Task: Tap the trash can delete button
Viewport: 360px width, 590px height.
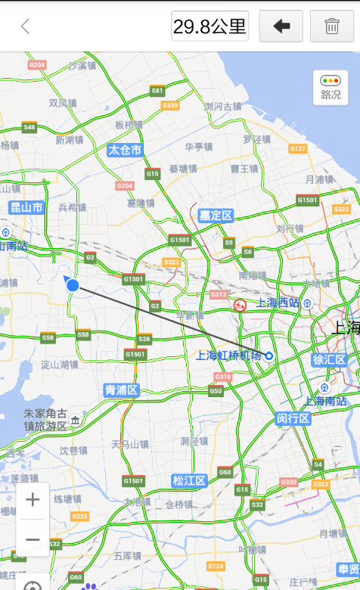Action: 331,26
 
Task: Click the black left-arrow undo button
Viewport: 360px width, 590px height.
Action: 281,26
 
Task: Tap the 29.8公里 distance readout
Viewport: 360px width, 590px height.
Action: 209,26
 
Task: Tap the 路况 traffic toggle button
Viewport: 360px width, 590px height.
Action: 331,88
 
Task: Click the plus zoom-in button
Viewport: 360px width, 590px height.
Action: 33,500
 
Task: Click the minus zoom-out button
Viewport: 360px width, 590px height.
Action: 33,539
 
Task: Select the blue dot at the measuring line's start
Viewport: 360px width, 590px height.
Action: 73,285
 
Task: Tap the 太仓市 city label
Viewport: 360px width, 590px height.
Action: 125,150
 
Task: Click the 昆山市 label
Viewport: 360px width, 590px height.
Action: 26,207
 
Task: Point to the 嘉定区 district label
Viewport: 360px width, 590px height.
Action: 216,216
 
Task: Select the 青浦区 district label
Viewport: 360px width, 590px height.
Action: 122,390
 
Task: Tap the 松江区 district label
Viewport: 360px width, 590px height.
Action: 189,480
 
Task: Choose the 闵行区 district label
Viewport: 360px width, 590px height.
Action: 293,418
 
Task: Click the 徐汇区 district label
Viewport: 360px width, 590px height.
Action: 329,359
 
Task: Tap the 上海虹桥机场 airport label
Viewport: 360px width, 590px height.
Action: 228,356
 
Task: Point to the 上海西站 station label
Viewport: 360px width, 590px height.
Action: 278,303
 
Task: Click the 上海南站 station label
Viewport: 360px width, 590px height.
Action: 326,401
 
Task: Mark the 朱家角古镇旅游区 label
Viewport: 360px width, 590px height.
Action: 45,420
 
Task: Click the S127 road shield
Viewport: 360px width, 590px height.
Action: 298,148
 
